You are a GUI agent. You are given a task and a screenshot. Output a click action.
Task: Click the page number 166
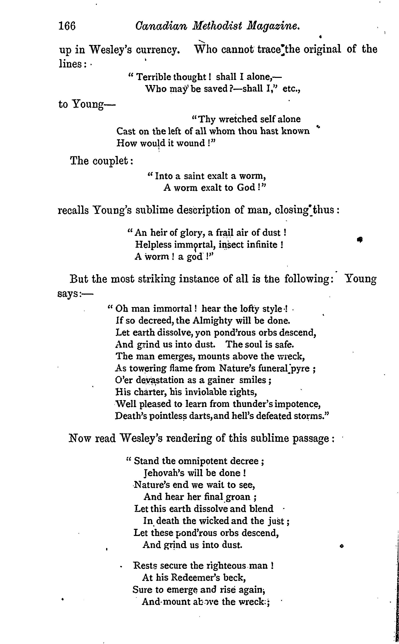(x=67, y=26)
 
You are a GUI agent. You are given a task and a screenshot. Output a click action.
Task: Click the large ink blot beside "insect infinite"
(x=359, y=239)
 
